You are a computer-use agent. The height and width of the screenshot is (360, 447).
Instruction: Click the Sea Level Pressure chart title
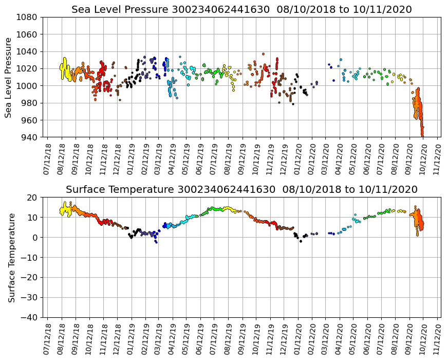click(x=241, y=10)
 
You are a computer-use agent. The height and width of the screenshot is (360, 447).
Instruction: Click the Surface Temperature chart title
click(x=241, y=190)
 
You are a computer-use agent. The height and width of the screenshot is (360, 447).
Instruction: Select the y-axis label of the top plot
click(x=9, y=77)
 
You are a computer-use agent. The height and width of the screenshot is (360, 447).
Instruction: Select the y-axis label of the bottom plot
click(x=11, y=257)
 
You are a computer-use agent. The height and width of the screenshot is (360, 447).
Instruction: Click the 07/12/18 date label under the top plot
click(x=47, y=158)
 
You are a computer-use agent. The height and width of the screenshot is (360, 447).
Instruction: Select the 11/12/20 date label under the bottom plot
click(x=438, y=338)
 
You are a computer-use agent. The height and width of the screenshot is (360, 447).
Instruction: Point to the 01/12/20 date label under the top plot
click(x=298, y=158)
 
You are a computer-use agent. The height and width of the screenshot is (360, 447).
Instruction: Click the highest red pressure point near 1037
click(x=263, y=54)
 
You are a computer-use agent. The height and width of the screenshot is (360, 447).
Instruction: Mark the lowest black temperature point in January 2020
click(x=301, y=241)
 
